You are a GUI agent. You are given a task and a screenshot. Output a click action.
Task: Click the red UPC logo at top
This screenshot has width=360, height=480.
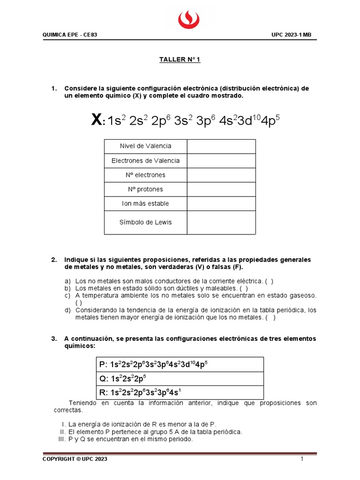pos(188,19)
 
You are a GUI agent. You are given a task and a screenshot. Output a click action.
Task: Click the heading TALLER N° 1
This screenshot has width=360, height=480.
pos(180,60)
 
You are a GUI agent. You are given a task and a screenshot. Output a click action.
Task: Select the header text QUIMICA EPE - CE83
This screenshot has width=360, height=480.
pos(70,35)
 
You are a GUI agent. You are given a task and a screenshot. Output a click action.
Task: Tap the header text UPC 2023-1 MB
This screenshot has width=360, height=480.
pos(298,35)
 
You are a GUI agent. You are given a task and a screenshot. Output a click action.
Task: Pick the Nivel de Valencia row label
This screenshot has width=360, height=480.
pos(145,146)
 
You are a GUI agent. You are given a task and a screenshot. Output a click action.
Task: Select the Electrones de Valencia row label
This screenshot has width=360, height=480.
pos(145,161)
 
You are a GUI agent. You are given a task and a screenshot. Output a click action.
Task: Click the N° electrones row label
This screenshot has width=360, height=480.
pos(145,175)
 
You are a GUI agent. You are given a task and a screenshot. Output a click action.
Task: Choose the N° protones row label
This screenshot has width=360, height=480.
pos(145,189)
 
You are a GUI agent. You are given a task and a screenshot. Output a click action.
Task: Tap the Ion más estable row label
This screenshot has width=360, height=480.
pos(145,203)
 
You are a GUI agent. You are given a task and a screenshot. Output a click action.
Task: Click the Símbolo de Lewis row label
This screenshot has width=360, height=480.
pos(145,222)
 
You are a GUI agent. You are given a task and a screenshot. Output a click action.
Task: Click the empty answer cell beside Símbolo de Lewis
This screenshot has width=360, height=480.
pos(221,222)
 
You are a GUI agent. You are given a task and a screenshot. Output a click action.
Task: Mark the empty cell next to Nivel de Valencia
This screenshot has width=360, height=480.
pos(221,146)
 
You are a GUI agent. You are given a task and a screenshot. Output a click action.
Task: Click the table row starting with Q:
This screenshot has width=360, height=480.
pos(179,379)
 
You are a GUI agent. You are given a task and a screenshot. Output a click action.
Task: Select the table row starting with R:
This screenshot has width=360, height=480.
pos(179,392)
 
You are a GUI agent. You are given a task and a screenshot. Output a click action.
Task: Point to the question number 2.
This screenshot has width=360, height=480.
pos(54,260)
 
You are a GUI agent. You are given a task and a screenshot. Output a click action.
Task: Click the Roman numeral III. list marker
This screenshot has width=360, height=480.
pos(60,439)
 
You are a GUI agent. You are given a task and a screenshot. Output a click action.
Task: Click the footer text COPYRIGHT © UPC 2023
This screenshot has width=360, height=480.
pos(75,459)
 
